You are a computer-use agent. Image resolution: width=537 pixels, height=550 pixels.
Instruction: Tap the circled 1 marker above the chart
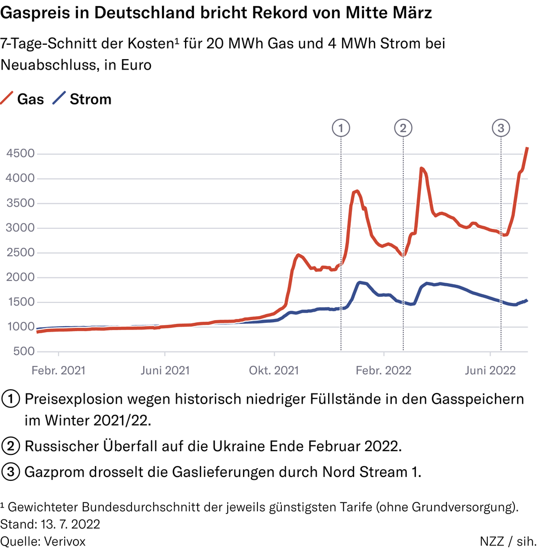(x=341, y=128)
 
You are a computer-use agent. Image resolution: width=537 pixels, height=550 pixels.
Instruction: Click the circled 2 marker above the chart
(x=403, y=128)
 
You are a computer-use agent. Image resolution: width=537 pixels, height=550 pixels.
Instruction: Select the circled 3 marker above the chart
(x=501, y=128)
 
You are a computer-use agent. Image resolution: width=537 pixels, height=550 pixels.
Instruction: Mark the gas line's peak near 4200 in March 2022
(x=422, y=168)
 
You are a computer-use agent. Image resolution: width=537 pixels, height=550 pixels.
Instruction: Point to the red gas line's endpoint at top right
(x=527, y=148)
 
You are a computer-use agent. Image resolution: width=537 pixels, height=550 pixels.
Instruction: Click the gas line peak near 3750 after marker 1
(x=357, y=191)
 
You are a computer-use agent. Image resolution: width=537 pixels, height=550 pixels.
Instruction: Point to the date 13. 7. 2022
(x=67, y=523)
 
